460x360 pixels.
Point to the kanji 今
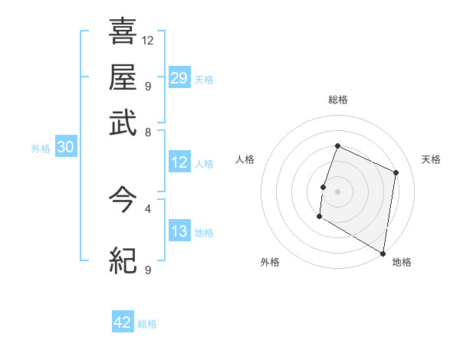click(123, 201)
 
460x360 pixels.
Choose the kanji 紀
click(123, 262)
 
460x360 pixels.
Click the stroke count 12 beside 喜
click(148, 40)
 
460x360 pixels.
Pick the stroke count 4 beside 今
click(147, 208)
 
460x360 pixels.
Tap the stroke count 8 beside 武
click(147, 132)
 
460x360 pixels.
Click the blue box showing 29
click(179, 78)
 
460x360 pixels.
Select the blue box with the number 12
click(179, 162)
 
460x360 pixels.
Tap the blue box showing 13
click(179, 231)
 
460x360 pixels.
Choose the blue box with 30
click(65, 148)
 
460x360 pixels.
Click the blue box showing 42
click(123, 322)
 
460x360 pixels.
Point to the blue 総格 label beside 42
click(147, 324)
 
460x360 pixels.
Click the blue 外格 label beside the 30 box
click(41, 149)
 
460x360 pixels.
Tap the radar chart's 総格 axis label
click(337, 100)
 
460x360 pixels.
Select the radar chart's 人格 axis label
click(245, 159)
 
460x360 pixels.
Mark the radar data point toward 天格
click(396, 172)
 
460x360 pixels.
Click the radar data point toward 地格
click(383, 253)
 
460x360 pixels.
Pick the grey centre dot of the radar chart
click(337, 191)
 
